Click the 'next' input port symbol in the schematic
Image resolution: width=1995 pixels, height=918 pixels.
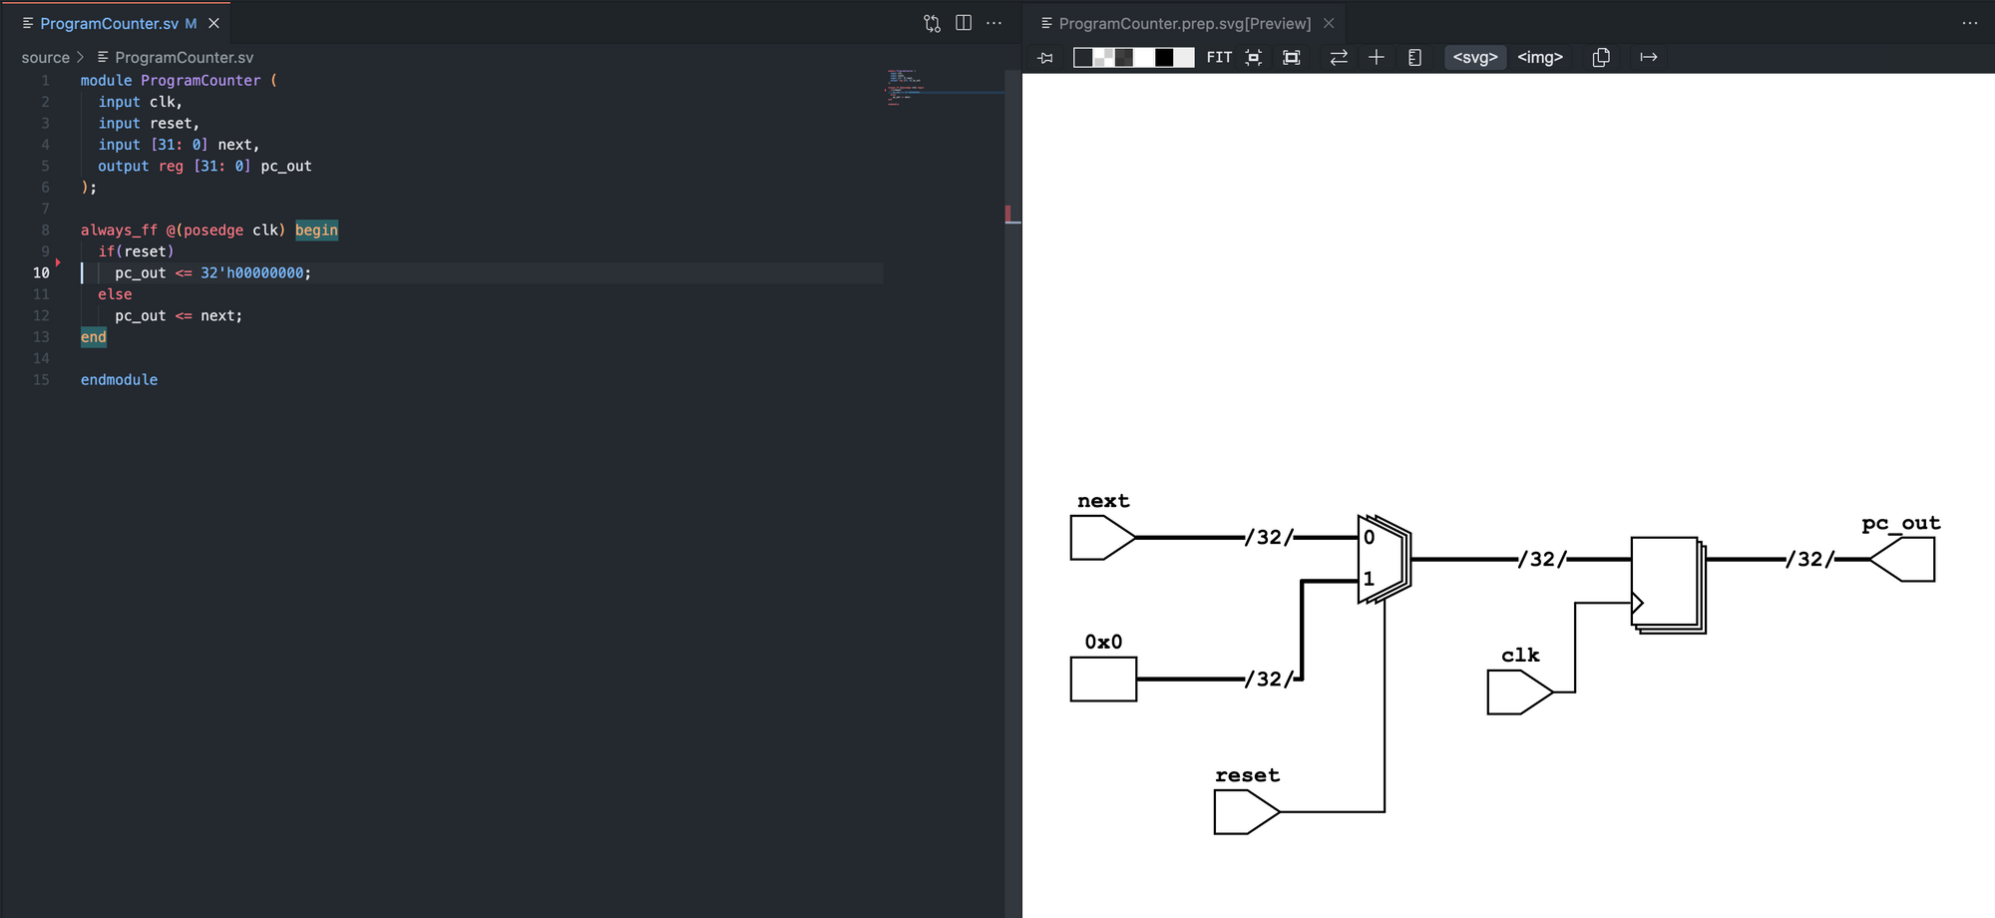coord(1102,538)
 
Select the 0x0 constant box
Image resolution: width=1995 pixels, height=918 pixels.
coord(1103,680)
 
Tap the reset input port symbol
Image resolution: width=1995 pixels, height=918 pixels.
coord(1246,812)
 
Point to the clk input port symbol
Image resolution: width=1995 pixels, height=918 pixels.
coord(1519,692)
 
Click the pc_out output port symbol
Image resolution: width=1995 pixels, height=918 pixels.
coord(1902,559)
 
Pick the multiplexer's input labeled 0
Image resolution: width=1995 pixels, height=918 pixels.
coord(1370,538)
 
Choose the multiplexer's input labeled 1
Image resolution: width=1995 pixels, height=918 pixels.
coord(1369,579)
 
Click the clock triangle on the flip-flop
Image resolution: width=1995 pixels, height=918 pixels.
coord(1637,603)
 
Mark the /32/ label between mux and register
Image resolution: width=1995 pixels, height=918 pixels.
coord(1542,560)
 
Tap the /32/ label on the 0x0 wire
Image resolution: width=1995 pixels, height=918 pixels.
coord(1269,680)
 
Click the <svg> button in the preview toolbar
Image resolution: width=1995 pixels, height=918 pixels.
coord(1475,58)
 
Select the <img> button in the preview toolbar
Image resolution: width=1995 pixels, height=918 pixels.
coord(1540,58)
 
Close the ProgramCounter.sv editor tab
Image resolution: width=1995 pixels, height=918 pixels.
coord(213,23)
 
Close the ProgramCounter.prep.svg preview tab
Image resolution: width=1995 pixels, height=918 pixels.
coord(1329,23)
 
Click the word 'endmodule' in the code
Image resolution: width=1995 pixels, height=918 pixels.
coord(119,380)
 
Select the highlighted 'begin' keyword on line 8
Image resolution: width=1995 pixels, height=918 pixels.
coord(316,230)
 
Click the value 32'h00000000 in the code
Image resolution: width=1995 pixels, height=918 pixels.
coord(251,273)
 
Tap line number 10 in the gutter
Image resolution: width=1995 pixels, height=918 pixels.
coord(41,273)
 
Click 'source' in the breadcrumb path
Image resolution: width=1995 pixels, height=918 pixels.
coord(46,58)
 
